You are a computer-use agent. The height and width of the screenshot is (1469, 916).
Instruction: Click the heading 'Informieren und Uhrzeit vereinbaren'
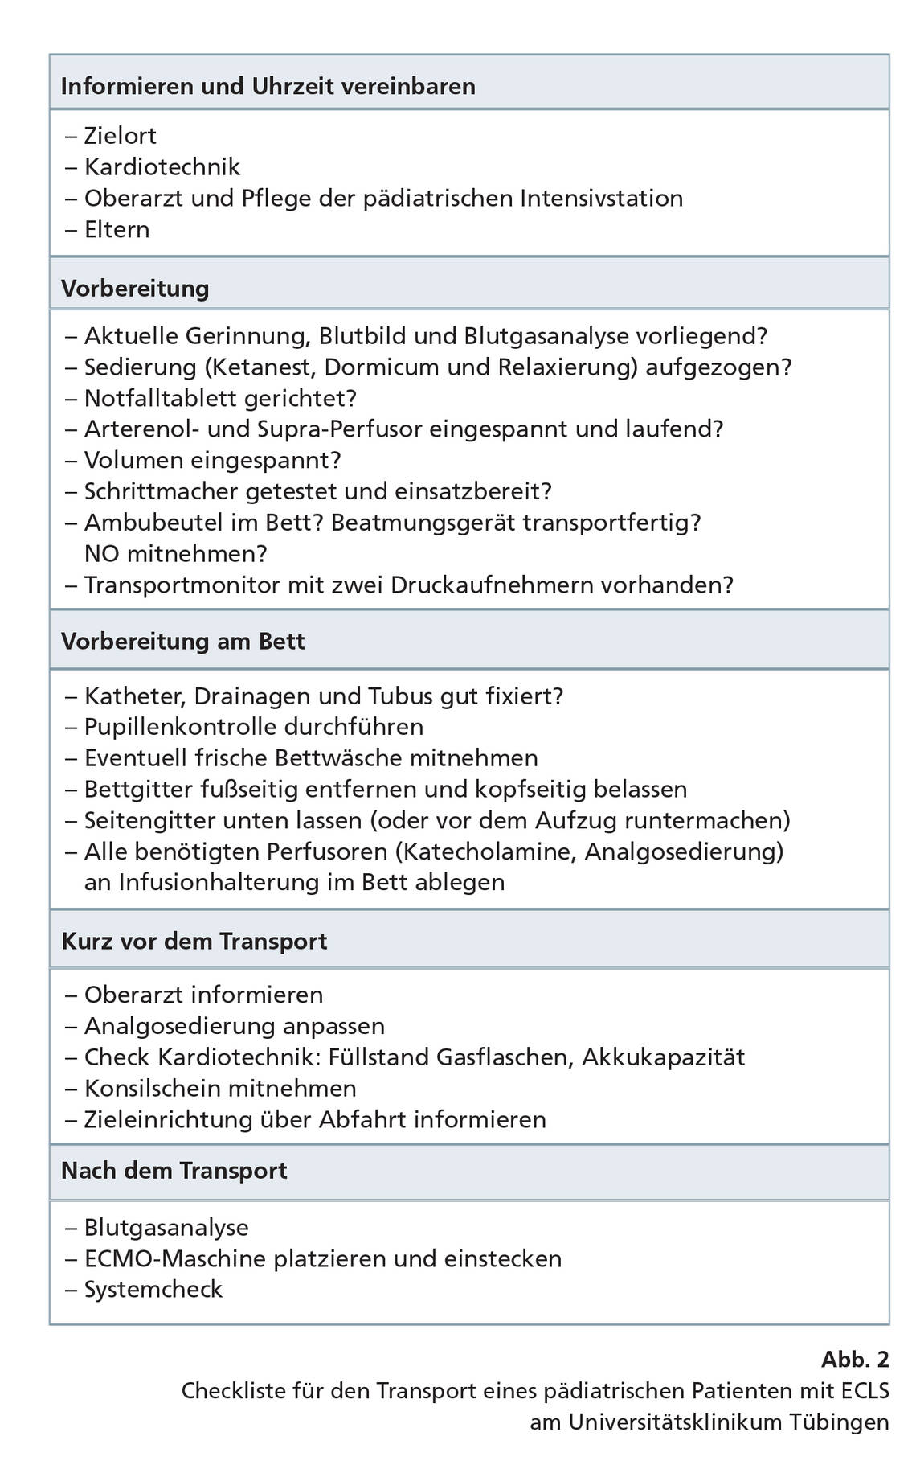(x=268, y=86)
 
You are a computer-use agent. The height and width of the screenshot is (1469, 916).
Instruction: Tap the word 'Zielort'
(x=121, y=136)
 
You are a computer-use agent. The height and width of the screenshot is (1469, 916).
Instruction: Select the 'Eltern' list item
(x=117, y=229)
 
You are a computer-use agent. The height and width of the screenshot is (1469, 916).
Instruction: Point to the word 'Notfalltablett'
(x=163, y=398)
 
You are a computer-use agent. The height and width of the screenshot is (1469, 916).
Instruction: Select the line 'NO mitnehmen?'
(x=175, y=554)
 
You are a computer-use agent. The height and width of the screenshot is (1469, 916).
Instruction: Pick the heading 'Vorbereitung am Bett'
(x=183, y=642)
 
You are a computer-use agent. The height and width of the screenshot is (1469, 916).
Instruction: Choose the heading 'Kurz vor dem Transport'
(x=194, y=941)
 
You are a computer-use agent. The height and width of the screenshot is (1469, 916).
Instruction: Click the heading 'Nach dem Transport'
(x=174, y=1170)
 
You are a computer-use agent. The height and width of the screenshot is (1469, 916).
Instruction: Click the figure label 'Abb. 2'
(x=855, y=1360)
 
